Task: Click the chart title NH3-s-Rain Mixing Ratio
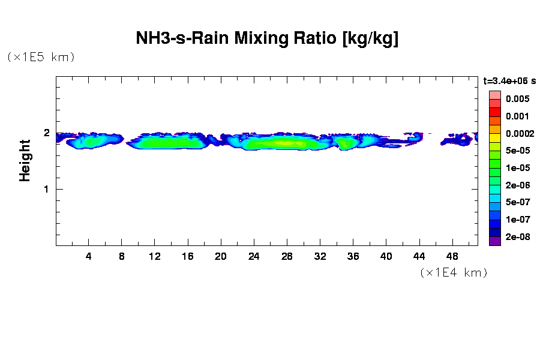tap(267, 39)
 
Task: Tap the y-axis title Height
tap(25, 160)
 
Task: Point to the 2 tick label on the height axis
tap(46, 133)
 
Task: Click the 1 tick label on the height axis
tap(46, 189)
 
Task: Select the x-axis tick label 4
tap(89, 256)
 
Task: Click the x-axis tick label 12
tap(155, 256)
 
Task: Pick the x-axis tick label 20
tap(221, 256)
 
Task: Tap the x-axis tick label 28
tap(287, 256)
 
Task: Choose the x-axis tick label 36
tap(353, 256)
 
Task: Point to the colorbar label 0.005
tap(517, 98)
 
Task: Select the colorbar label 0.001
tap(517, 116)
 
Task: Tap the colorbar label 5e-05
tap(517, 151)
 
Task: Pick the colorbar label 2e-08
tap(517, 237)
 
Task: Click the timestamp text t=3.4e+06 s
tap(509, 80)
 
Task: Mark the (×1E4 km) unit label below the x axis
tap(454, 272)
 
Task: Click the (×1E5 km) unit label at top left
tap(41, 57)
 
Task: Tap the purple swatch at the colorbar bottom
tap(494, 241)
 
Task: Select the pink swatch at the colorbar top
tap(494, 95)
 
